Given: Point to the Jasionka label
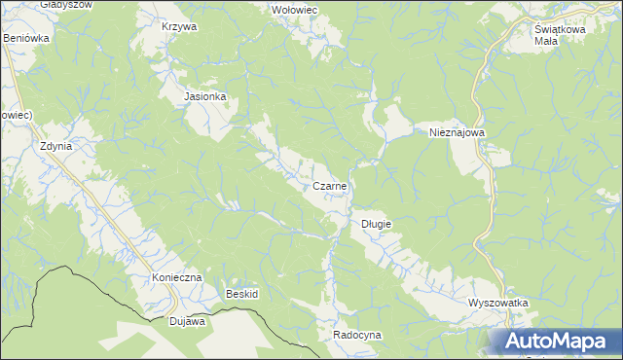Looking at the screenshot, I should tap(205, 97).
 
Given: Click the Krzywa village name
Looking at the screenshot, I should tap(179, 26).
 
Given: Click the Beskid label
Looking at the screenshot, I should tap(241, 294).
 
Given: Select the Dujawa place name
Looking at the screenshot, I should tap(187, 320).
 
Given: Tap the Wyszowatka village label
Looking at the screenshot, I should tap(497, 303).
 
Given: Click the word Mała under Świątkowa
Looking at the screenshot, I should tap(545, 41).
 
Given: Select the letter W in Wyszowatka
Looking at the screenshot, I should tap(472, 303).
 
